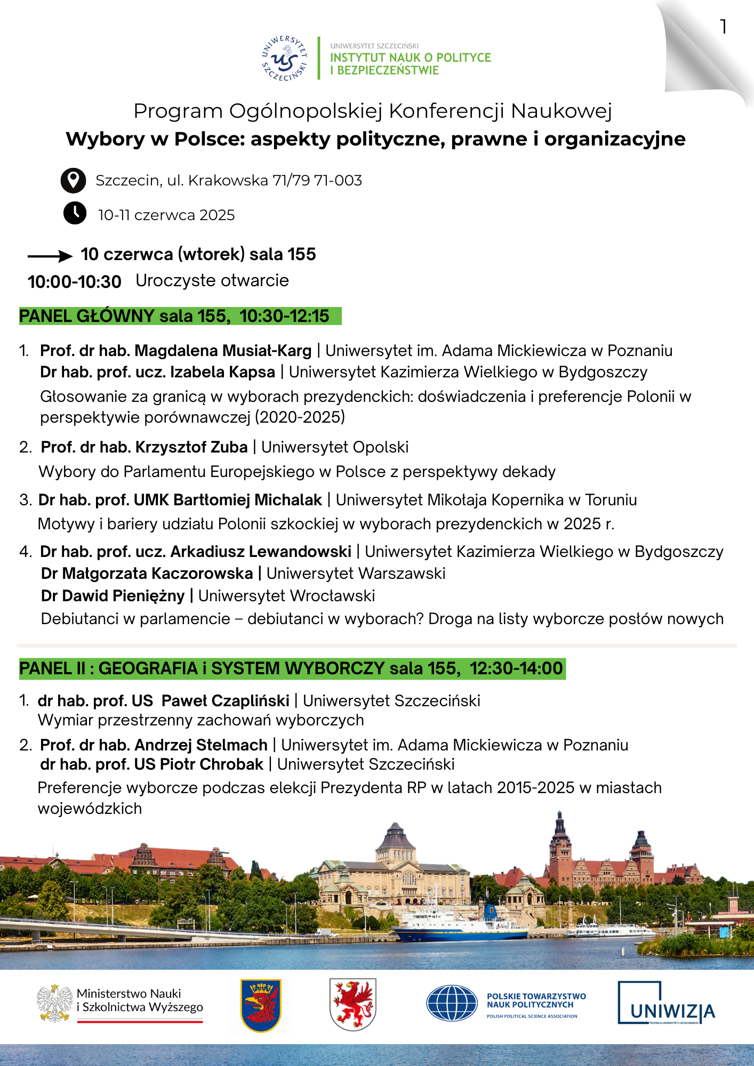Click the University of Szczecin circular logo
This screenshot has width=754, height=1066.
[x=285, y=59]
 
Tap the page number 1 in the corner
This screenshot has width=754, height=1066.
[x=723, y=27]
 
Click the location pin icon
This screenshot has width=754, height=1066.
[x=73, y=181]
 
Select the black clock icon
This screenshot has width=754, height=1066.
[x=75, y=213]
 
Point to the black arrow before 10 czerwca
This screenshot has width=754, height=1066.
[x=50, y=256]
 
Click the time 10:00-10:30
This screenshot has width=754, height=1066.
[x=75, y=281]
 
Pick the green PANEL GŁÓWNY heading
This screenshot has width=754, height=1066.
[x=180, y=316]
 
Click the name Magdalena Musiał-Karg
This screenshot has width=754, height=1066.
[x=223, y=351]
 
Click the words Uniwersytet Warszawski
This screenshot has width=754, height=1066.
[x=356, y=574]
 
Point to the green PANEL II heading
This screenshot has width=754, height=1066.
[x=292, y=668]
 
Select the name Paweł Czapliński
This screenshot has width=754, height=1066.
[x=225, y=700]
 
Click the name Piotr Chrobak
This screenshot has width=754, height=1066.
[x=212, y=764]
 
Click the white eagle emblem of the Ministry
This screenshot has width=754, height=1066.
[x=54, y=1003]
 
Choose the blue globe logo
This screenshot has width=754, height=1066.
[x=452, y=1003]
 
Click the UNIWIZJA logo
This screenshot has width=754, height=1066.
[x=666, y=1003]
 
